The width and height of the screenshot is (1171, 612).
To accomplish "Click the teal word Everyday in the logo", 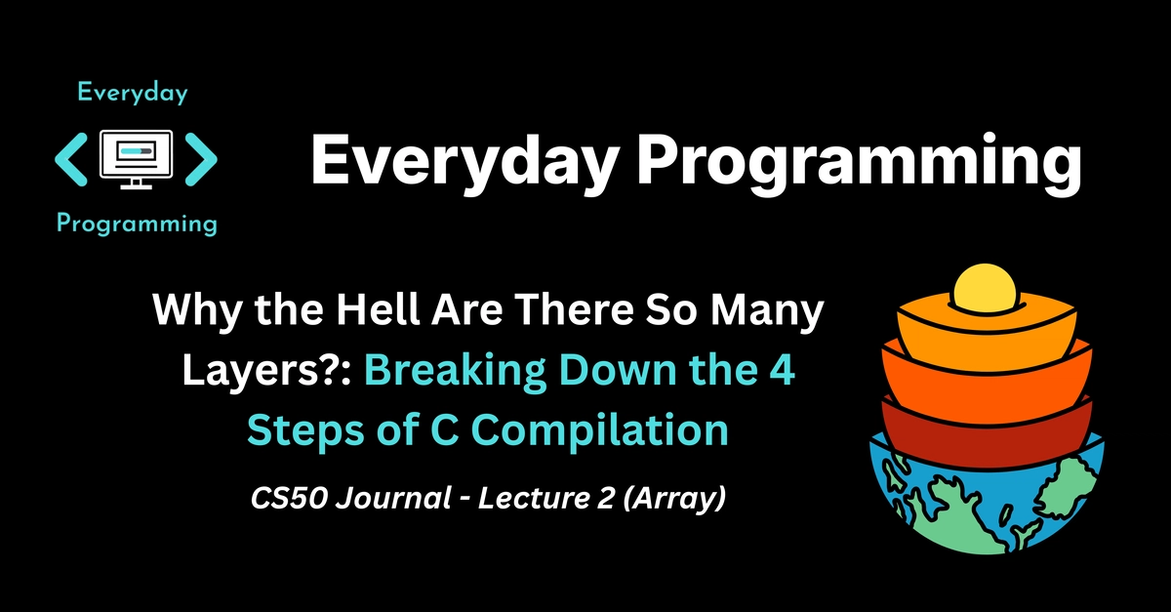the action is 133,94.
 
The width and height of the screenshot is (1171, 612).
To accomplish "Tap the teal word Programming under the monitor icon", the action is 137,224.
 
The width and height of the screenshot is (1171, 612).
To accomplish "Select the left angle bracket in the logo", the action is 71,159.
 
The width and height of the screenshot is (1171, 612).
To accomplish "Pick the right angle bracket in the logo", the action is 201,159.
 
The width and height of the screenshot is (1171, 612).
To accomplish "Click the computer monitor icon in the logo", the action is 136,159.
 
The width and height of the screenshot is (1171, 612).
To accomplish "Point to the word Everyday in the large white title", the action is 465,159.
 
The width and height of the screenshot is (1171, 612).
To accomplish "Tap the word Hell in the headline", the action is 379,309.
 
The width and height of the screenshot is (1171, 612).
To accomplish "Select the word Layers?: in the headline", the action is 266,370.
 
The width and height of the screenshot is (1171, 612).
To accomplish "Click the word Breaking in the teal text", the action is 456,370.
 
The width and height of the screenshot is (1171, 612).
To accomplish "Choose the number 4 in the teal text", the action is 782,369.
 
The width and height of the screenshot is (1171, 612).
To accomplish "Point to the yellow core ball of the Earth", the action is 985,287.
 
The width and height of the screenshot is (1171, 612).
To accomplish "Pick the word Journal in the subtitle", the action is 393,498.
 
